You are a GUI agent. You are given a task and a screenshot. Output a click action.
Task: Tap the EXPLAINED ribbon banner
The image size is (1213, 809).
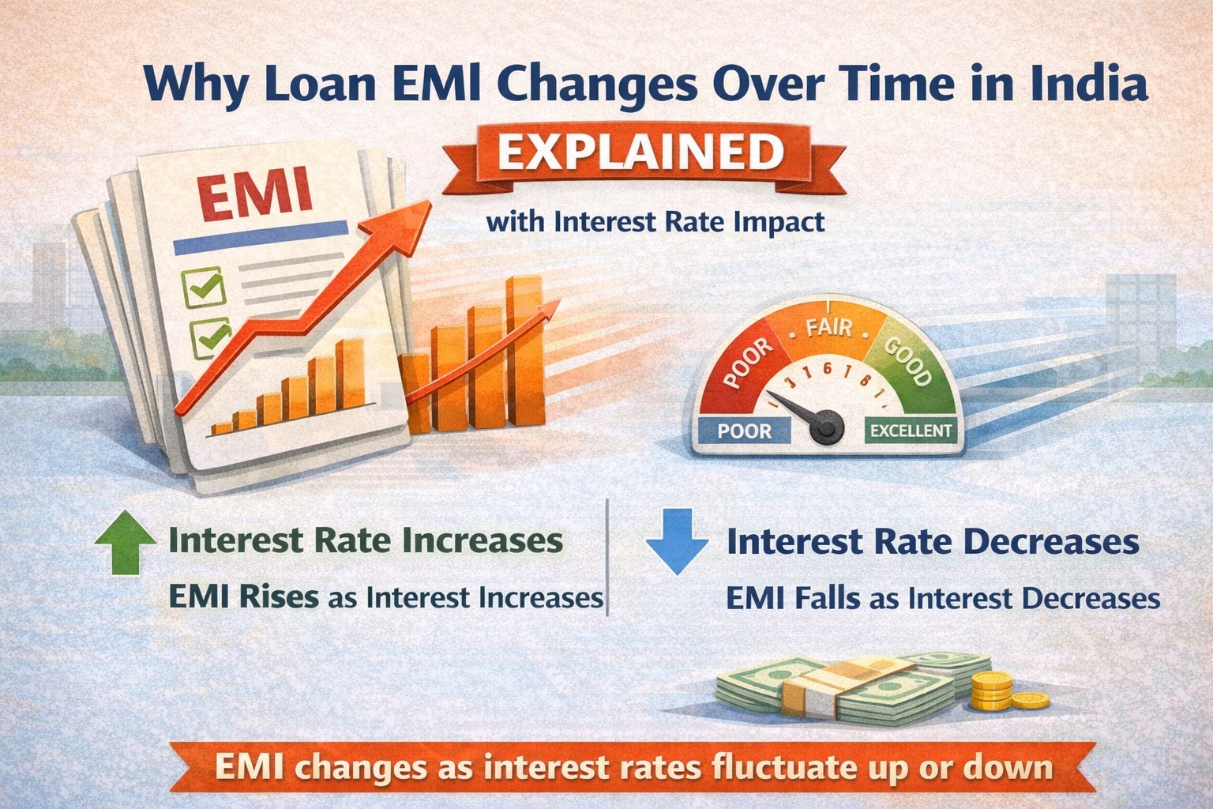(640, 153)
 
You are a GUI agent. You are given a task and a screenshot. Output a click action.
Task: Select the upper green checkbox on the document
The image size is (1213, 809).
(204, 286)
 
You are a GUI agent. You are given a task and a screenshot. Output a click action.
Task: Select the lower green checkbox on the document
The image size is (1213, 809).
(209, 337)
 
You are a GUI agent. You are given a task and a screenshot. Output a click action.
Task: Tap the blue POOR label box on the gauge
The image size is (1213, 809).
(744, 431)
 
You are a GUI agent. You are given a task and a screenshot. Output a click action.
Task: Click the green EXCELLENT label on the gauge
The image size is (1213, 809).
(911, 431)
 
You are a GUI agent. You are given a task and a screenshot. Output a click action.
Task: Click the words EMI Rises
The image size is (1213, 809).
(243, 596)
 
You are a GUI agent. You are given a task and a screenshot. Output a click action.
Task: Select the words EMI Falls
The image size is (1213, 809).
(792, 598)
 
